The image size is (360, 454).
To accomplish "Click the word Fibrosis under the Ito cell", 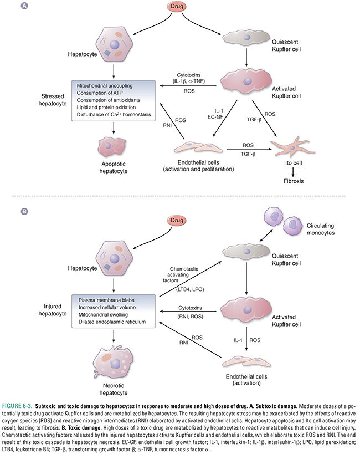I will pyautogui.click(x=288, y=180).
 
